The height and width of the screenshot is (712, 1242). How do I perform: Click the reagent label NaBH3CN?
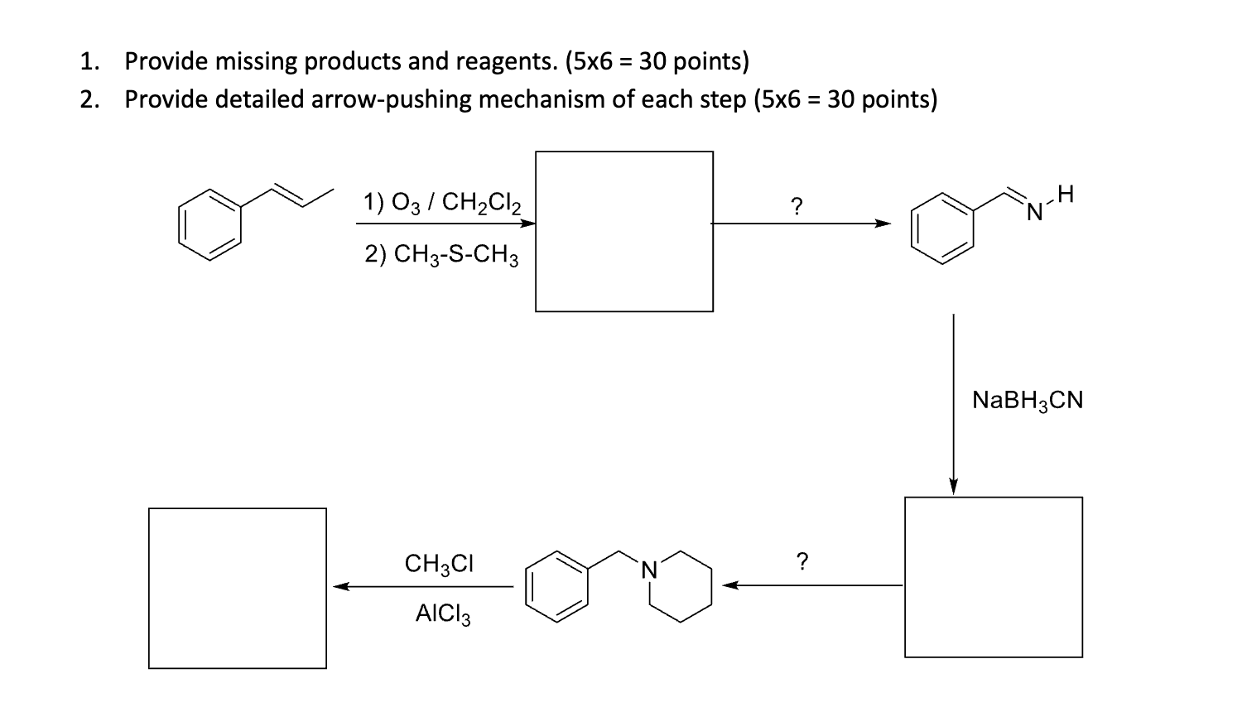pyautogui.click(x=1028, y=401)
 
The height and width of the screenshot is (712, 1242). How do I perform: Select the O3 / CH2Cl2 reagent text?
pyautogui.click(x=442, y=202)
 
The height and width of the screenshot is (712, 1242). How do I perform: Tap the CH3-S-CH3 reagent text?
pyautogui.click(x=442, y=254)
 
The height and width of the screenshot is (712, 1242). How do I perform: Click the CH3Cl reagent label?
pyautogui.click(x=439, y=564)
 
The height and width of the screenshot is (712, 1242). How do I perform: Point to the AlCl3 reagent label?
pyautogui.click(x=443, y=614)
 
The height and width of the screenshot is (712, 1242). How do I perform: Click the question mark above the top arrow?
pyautogui.click(x=796, y=206)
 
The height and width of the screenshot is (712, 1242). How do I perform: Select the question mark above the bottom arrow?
pyautogui.click(x=801, y=562)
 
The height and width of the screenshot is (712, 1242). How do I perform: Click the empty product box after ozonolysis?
pyautogui.click(x=624, y=231)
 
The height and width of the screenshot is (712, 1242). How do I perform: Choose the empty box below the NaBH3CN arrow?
pyautogui.click(x=993, y=577)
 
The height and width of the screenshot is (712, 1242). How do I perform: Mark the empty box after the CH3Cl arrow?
pyautogui.click(x=238, y=588)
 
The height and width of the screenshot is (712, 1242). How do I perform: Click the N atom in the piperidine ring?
pyautogui.click(x=649, y=570)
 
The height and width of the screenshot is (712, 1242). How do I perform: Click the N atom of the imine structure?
pyautogui.click(x=1034, y=213)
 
